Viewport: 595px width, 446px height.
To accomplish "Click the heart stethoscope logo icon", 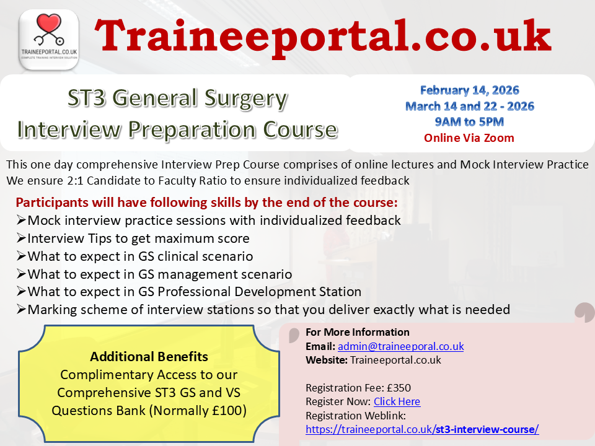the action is [49, 40].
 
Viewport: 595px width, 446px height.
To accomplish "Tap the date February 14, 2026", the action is [469, 90].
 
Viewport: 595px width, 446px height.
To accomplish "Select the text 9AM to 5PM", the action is [469, 122].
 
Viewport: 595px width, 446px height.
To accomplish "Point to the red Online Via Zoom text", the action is [469, 138].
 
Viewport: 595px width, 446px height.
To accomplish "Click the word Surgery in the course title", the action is [246, 98].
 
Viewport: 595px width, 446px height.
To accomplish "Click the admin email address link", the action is [401, 346].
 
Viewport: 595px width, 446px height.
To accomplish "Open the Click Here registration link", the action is [397, 401].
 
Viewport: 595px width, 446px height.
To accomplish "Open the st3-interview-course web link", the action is [422, 429].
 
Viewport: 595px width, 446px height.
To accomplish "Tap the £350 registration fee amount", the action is [399, 388].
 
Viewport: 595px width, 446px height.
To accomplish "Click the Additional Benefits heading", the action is [149, 357].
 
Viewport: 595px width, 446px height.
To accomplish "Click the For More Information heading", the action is [358, 332].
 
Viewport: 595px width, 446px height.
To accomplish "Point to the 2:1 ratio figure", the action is [75, 180].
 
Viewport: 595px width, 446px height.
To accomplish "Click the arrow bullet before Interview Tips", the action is [21, 238].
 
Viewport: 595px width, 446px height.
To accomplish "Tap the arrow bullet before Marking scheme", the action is [21, 310].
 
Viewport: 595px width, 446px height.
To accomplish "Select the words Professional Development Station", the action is [259, 292].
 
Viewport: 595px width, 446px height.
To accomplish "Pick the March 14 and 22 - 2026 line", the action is [470, 106].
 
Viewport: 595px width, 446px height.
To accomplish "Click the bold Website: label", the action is [327, 360].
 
